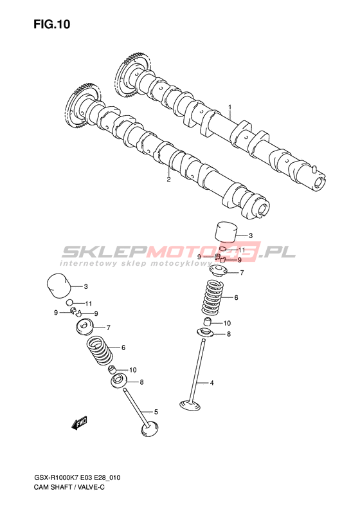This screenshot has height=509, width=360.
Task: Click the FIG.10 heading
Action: (x=52, y=24)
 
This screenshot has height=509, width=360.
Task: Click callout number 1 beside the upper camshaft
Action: (x=230, y=107)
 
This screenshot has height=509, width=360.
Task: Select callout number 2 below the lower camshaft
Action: (x=168, y=179)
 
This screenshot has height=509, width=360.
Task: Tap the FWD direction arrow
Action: (x=80, y=423)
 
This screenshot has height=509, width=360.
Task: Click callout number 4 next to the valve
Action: (x=212, y=383)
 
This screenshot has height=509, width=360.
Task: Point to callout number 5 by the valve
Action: (x=156, y=412)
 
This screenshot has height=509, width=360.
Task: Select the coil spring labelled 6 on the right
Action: (x=213, y=297)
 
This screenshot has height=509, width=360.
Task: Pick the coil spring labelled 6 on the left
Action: (x=99, y=351)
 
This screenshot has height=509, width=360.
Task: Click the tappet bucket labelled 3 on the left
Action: (x=59, y=286)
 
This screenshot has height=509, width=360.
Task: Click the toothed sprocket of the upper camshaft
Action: (x=132, y=74)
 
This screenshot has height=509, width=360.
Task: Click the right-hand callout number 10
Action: (x=227, y=323)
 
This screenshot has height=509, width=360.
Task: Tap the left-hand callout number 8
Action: (x=141, y=382)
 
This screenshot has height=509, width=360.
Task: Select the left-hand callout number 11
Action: (x=89, y=304)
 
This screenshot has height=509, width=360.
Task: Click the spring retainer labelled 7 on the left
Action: (x=84, y=326)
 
